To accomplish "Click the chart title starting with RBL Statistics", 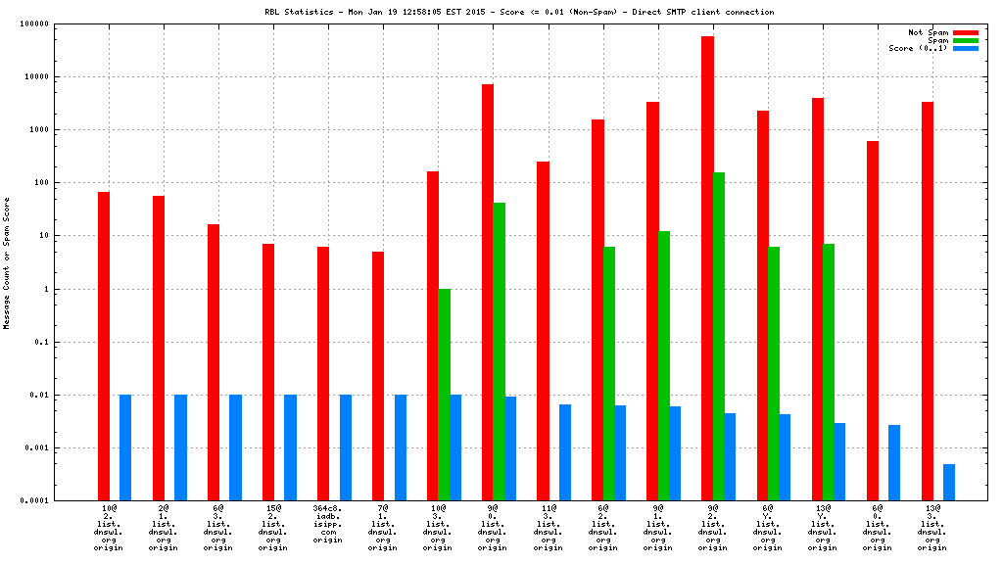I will point(518,12).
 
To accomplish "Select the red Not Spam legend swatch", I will point(965,32).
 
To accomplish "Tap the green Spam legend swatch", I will point(965,40).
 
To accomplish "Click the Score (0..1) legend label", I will point(918,48).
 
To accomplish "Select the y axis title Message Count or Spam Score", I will point(7,262).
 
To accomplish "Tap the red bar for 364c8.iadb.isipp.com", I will point(322,373).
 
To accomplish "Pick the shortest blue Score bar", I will point(949,482).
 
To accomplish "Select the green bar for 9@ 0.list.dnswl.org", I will point(499,352).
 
